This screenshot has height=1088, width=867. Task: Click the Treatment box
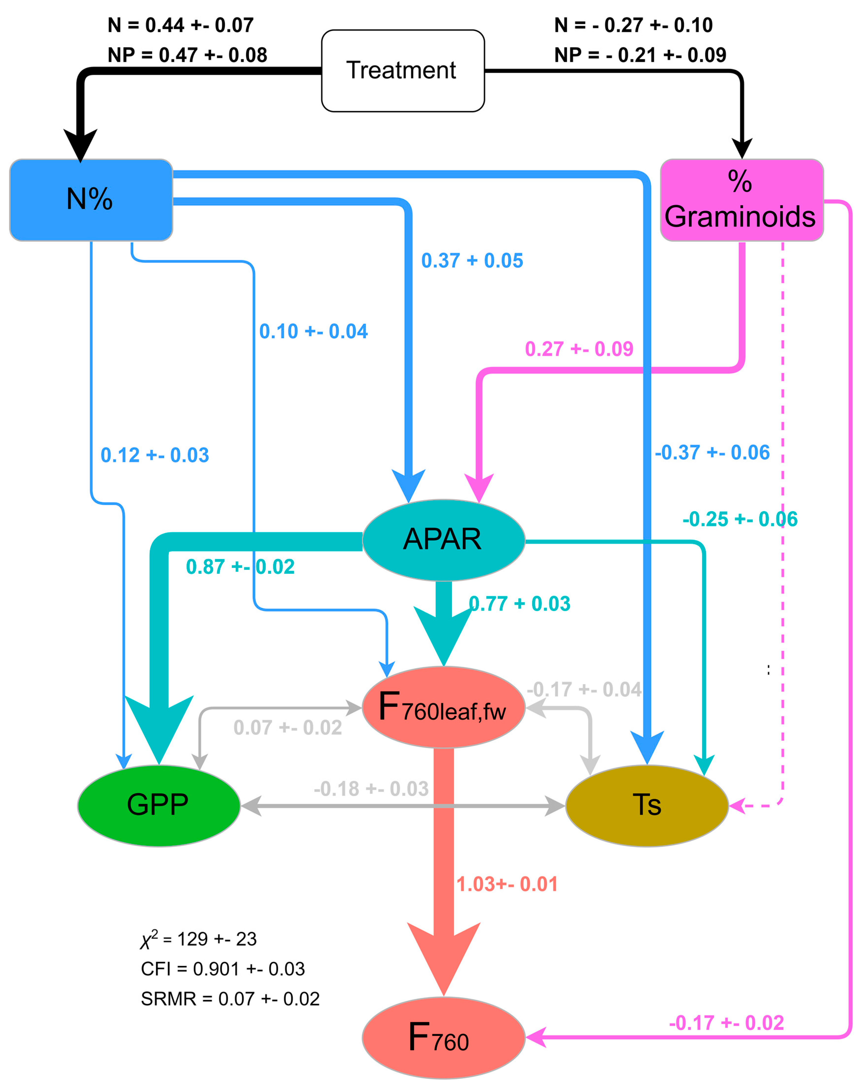[403, 71]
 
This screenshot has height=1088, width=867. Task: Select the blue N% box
[91, 200]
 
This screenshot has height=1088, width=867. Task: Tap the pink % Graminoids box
[741, 200]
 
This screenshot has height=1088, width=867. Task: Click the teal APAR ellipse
[443, 540]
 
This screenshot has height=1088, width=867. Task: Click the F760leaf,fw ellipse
[443, 707]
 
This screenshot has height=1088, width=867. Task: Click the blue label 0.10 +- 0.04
[313, 331]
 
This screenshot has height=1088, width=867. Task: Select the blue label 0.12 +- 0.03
[154, 455]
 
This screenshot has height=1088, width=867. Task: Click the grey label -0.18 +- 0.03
[371, 789]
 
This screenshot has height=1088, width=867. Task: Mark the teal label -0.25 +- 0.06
[740, 519]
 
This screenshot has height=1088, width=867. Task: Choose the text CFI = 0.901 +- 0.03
[223, 969]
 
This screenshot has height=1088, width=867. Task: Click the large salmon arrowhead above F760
[443, 954]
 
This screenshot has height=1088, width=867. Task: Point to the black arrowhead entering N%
[80, 144]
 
